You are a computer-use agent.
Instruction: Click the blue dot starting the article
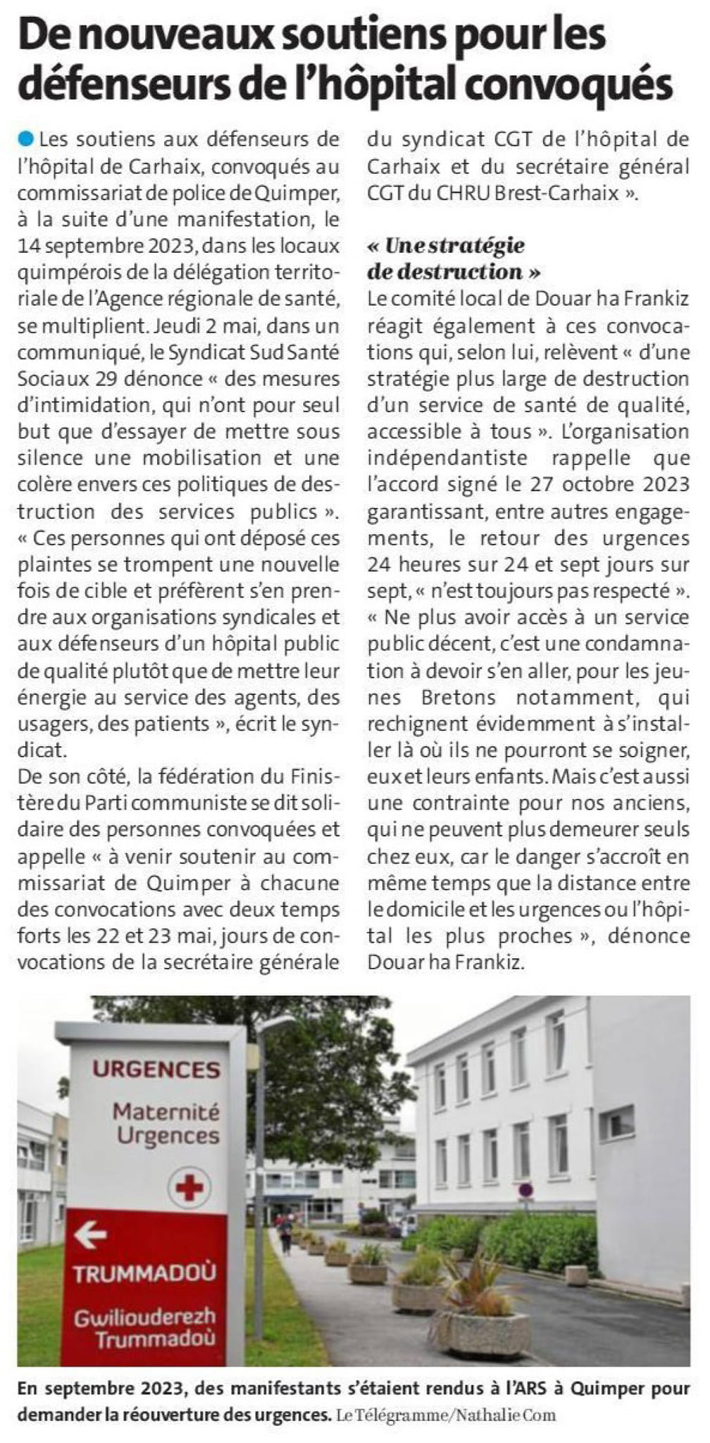pos(26,138)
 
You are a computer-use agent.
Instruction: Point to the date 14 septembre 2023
pos(103,246)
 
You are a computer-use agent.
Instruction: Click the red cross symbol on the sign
pos(189,1189)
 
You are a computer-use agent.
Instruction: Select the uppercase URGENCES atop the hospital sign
pos(156,1070)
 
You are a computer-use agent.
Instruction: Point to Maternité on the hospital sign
pos(166,1113)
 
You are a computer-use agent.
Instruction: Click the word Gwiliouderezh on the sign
pos(145,1315)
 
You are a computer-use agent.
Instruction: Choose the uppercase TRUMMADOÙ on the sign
pos(145,1273)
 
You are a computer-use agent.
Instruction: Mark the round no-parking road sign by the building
pos(525,1190)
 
